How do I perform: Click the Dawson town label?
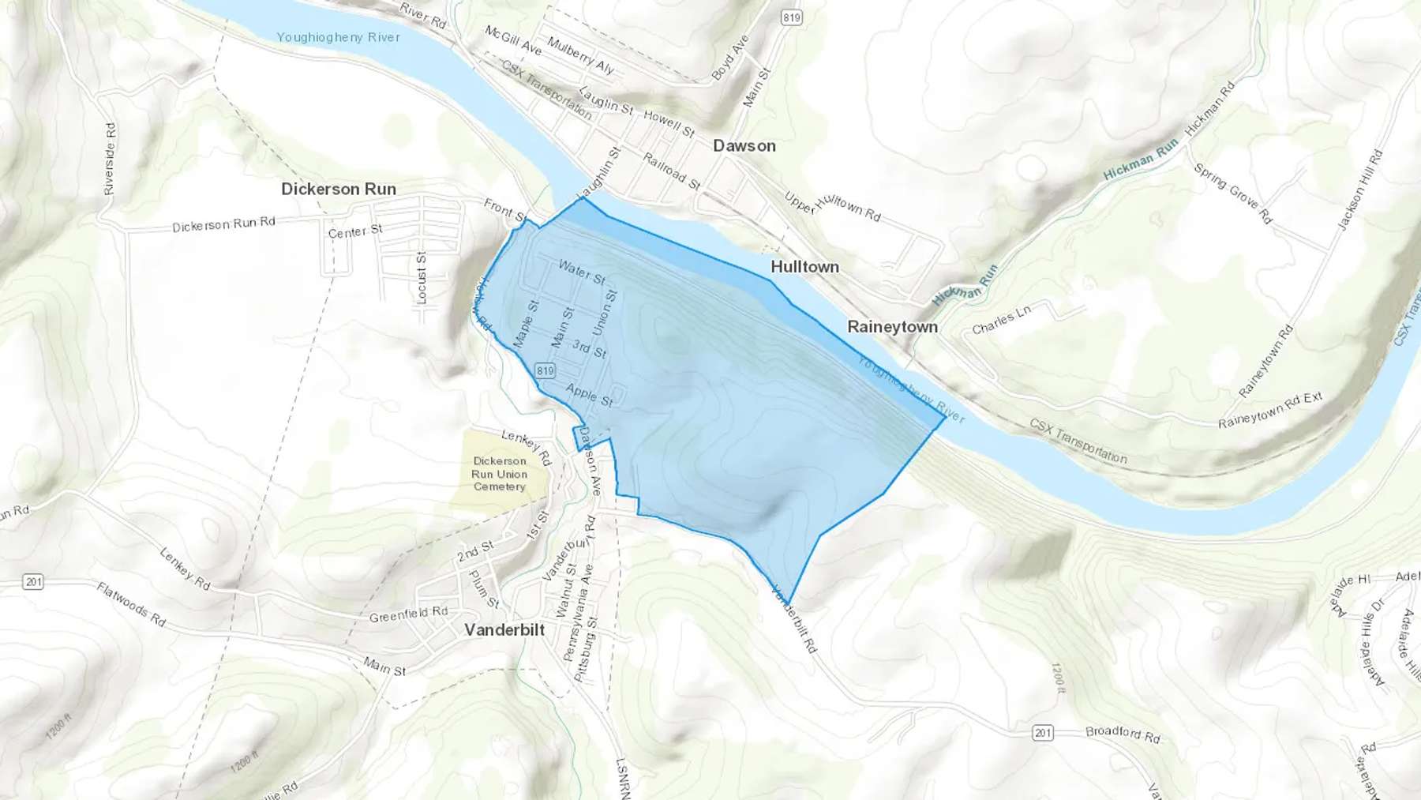[x=744, y=146]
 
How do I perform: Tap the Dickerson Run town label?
[x=338, y=190]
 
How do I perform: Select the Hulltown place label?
[x=804, y=267]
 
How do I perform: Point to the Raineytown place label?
[x=892, y=327]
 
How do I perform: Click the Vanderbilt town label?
[x=504, y=630]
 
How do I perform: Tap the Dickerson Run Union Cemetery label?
[x=499, y=474]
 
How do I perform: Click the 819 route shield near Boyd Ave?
[x=792, y=17]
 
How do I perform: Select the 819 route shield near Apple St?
[x=545, y=370]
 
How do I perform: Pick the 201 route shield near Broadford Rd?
[x=1043, y=733]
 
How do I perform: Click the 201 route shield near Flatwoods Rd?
[x=32, y=582]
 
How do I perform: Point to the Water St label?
[x=582, y=272]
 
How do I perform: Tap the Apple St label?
[x=589, y=395]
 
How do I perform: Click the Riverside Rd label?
[x=110, y=159]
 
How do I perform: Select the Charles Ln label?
[x=1001, y=320]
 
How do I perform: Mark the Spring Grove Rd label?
[x=1232, y=193]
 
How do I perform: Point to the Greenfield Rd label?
[x=408, y=614]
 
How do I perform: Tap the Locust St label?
[x=422, y=278]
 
